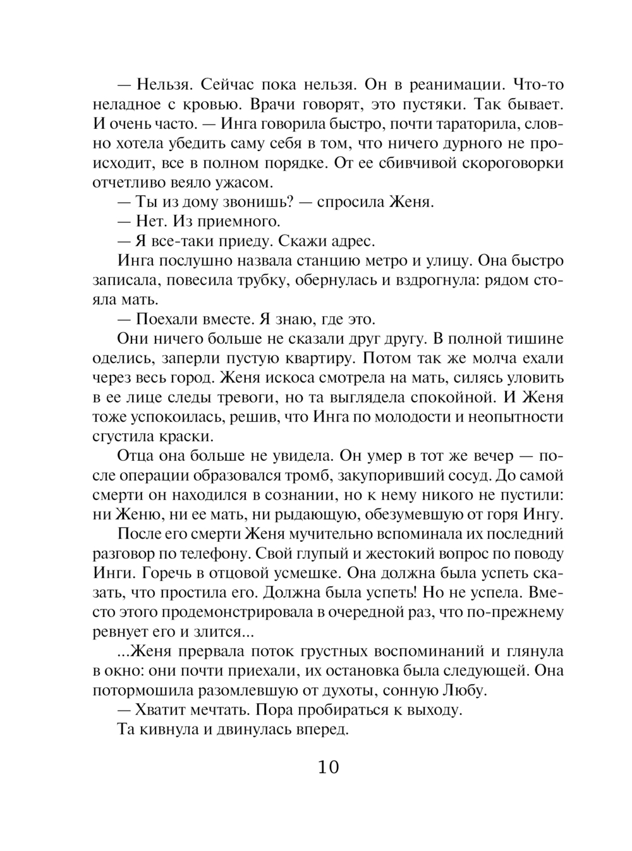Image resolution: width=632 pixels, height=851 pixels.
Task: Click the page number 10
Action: [329, 768]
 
